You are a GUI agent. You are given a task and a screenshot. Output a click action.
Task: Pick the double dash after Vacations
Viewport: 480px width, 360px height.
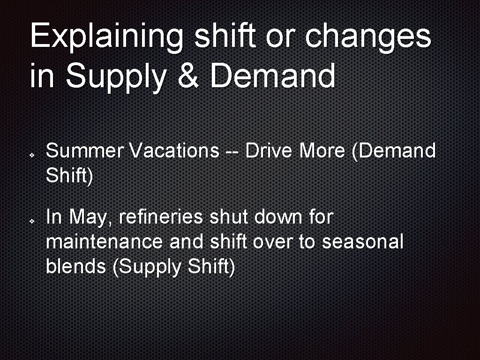[232, 152]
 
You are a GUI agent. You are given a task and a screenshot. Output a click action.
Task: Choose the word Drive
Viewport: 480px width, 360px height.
[270, 151]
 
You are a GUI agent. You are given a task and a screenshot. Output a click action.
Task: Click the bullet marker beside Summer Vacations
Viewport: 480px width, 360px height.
[30, 153]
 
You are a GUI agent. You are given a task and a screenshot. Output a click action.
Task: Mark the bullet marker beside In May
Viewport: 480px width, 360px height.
[30, 220]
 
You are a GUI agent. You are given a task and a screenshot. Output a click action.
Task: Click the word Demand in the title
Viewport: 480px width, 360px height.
[273, 76]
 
